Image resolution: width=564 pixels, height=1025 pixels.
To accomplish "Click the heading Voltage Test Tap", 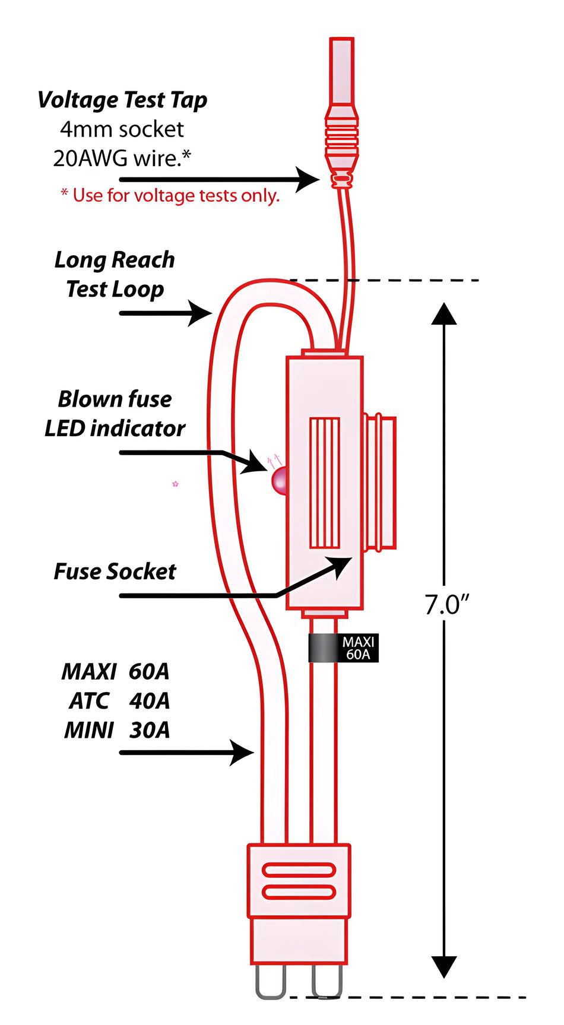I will coord(122,100).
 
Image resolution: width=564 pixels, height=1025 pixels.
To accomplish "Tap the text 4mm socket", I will coord(122,129).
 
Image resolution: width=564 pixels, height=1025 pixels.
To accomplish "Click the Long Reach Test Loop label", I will coord(115,274).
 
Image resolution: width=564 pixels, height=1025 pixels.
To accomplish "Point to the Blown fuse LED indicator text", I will coord(115,414).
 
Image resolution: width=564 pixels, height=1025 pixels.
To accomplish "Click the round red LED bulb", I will coord(280,481).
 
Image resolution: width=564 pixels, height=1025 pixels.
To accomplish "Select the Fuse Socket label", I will coord(115,572).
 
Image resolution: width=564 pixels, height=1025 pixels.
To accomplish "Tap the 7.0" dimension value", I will coord(446,605).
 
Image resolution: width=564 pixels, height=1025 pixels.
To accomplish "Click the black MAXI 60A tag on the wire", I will coord(343,648).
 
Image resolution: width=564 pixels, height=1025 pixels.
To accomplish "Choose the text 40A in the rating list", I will coord(149,701).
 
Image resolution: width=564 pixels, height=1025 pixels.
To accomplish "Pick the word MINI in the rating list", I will coord(88,730).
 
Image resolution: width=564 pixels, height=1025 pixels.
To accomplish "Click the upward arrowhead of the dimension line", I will coord(443,314).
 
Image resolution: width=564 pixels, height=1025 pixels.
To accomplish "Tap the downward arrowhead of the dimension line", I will coord(443,966).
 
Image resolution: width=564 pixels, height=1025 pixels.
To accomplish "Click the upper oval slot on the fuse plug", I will coord(299,871).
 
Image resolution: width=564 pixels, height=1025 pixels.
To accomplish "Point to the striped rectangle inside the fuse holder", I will coord(325,483).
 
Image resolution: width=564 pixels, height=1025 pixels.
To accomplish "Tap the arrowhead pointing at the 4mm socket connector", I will coord(309,179).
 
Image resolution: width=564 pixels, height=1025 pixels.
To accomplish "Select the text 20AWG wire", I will coord(122,158).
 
